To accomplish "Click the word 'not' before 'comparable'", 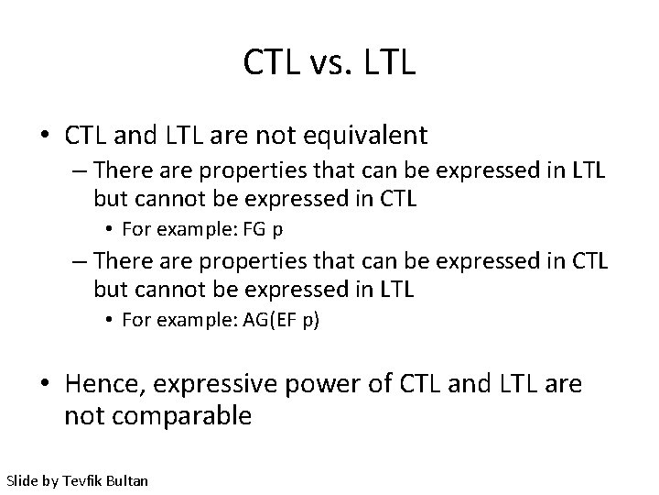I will pyautogui.click(x=83, y=415).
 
